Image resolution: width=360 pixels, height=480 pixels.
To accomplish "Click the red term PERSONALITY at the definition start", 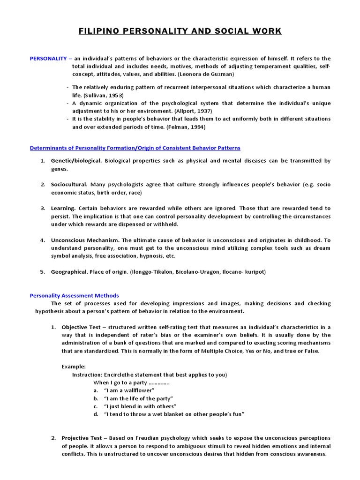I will [49, 59].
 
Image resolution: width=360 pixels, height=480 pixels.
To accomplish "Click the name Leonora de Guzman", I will [207, 74].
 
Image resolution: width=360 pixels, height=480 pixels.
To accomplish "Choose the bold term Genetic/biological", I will [76, 161].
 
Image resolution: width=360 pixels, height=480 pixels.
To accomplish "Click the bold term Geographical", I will [69, 271].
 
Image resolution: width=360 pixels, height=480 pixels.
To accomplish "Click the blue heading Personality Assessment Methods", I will [75, 296].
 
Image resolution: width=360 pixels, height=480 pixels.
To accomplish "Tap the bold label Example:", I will [74, 367].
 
